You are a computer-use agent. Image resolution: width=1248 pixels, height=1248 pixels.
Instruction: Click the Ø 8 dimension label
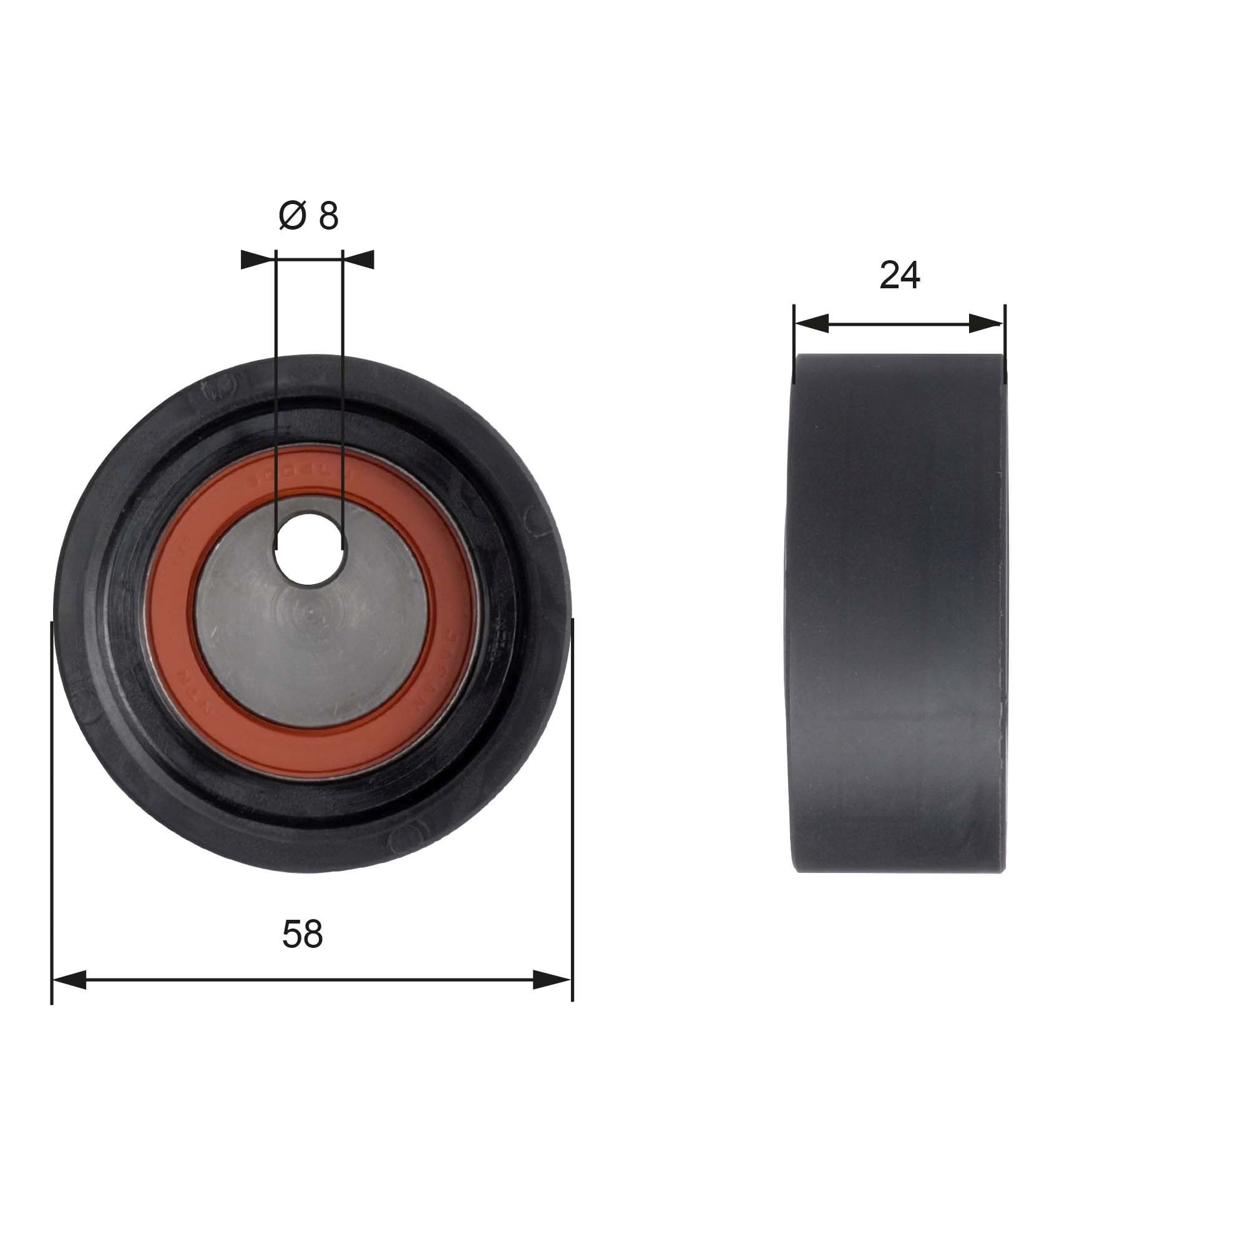tap(308, 216)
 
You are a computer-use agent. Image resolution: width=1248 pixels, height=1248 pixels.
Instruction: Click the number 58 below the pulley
tap(302, 934)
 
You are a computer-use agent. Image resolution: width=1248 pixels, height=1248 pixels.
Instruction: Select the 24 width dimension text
tap(899, 275)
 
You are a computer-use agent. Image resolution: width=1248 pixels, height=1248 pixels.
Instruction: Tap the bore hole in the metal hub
tap(309, 549)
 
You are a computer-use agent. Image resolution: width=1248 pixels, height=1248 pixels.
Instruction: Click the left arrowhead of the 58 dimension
tap(69, 980)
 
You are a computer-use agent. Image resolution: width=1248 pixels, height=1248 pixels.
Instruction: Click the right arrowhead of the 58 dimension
tap(553, 980)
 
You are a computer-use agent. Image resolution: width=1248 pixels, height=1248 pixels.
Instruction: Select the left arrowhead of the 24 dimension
tap(811, 324)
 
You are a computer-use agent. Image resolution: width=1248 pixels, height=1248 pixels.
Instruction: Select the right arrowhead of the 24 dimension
tap(987, 324)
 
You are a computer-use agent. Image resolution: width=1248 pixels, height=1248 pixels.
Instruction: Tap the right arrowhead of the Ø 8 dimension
tap(359, 260)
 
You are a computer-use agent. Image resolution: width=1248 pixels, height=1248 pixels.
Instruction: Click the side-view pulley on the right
tap(898, 613)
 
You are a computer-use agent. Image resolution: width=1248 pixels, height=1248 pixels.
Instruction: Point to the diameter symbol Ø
tap(291, 216)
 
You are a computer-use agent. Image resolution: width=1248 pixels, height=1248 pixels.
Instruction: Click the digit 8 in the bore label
tap(328, 216)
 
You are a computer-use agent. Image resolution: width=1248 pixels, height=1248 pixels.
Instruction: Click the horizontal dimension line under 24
tap(899, 324)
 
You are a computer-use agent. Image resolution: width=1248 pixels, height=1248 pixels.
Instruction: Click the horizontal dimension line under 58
tap(310, 980)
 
